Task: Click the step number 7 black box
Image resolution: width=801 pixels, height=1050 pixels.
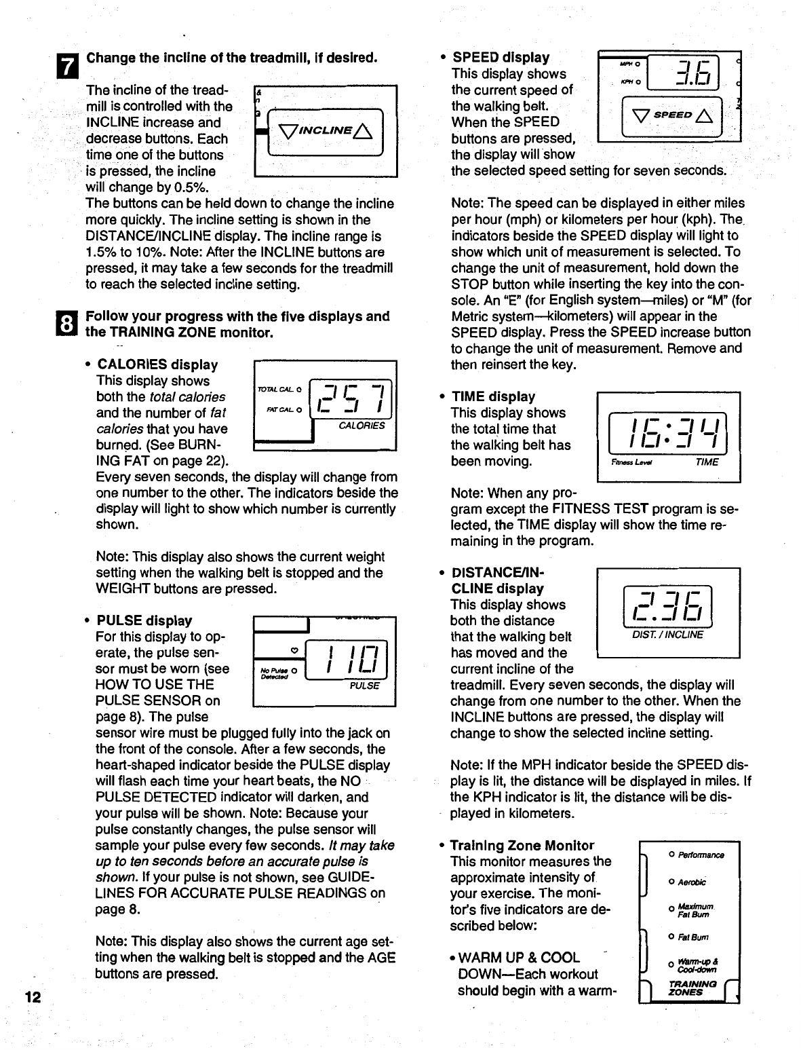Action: pyautogui.click(x=70, y=64)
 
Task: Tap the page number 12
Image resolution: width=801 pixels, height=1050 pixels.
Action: pyautogui.click(x=32, y=997)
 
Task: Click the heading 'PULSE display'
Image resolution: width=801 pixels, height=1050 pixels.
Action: pyautogui.click(x=144, y=620)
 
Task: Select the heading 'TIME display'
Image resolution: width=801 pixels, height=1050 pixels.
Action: pyautogui.click(x=493, y=396)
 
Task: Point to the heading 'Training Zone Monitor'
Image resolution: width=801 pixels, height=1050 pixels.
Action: pyautogui.click(x=522, y=845)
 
